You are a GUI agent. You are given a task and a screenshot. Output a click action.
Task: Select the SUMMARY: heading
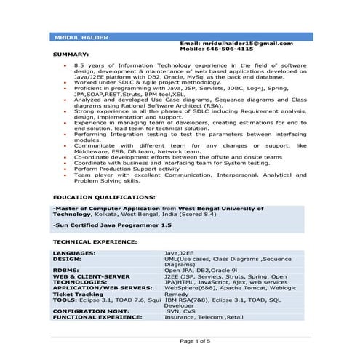pos(71,55)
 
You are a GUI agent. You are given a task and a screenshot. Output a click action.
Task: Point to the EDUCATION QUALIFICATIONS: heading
pos(103,197)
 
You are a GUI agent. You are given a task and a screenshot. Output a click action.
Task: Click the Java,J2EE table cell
pos(183,252)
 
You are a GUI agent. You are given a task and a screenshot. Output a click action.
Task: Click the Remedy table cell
pos(177,293)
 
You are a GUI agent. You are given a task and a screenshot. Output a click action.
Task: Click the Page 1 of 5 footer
pos(195,340)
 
